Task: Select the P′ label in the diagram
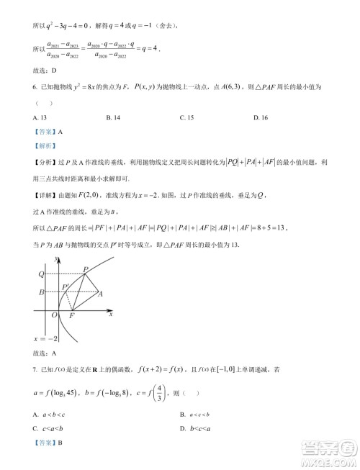pyautogui.click(x=66, y=286)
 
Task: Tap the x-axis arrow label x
pyautogui.click(x=110, y=314)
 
